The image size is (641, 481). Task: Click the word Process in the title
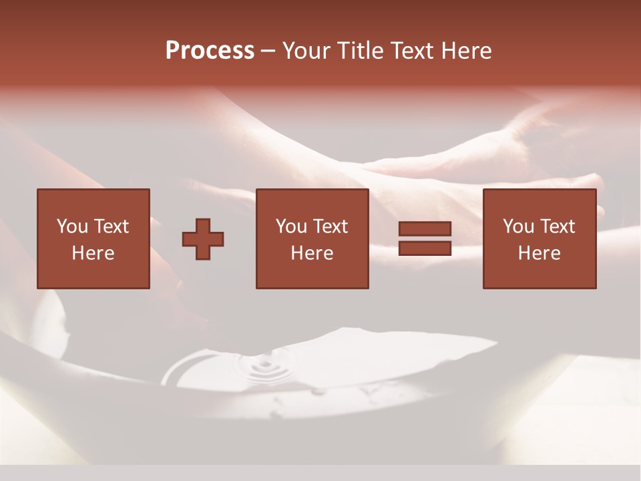210,51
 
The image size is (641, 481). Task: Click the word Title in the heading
361,51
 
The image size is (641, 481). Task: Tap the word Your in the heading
308,51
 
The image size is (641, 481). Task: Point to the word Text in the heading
411,51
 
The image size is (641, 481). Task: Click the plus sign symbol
203,239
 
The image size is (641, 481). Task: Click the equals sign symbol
425,238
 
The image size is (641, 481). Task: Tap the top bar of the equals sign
425,229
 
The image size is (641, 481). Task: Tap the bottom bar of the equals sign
425,248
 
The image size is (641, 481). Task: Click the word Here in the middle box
312,253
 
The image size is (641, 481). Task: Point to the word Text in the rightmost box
557,226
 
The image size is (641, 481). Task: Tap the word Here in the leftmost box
93,253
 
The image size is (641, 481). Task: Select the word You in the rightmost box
518,226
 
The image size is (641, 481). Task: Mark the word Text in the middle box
330,226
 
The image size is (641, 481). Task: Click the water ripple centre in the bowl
265,365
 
